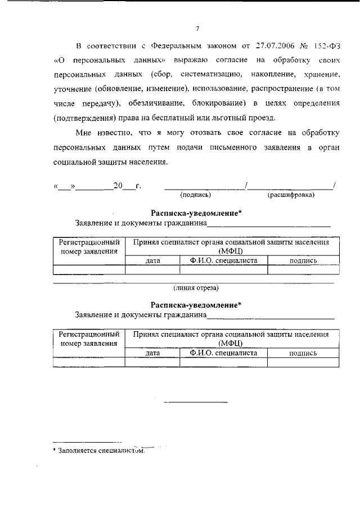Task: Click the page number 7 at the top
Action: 197,29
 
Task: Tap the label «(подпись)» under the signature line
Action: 195,195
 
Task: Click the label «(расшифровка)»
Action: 291,195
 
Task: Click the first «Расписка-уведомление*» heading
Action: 196,213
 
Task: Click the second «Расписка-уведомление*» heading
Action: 196,305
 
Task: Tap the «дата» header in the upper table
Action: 153,261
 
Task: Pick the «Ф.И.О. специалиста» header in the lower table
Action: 224,353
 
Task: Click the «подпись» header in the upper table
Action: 303,261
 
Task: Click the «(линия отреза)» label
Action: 196,287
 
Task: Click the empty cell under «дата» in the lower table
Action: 153,362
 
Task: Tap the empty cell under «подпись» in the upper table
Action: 303,270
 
